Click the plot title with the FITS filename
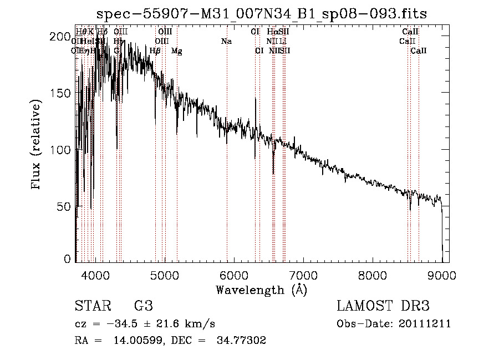point(262,14)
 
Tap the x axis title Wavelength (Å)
point(261,290)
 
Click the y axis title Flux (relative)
point(37,145)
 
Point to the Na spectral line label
point(226,42)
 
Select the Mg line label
point(176,51)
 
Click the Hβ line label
point(155,51)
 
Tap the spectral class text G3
point(144,306)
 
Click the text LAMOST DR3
point(383,306)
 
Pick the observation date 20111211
point(424,324)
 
